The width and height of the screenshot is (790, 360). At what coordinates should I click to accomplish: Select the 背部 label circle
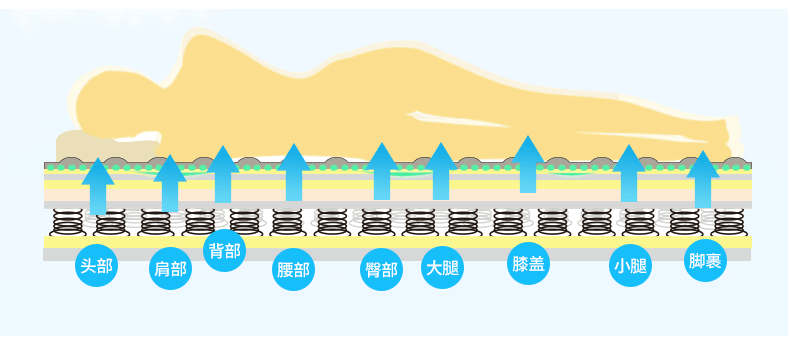pyautogui.click(x=223, y=250)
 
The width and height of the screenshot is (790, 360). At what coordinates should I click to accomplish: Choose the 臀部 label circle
pyautogui.click(x=382, y=270)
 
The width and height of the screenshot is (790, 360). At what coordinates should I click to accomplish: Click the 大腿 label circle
pyautogui.click(x=442, y=267)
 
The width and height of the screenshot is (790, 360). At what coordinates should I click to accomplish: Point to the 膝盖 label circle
pyautogui.click(x=528, y=263)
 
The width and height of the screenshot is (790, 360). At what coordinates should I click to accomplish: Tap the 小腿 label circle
pyautogui.click(x=630, y=266)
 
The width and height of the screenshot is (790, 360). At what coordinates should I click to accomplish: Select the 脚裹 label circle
pyautogui.click(x=705, y=262)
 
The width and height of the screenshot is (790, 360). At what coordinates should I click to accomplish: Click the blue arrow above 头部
pyautogui.click(x=98, y=186)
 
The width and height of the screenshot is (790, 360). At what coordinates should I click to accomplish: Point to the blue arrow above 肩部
pyautogui.click(x=170, y=184)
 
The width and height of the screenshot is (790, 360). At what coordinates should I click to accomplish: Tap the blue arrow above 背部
pyautogui.click(x=223, y=174)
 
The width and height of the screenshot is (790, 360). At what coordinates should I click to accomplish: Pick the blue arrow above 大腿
pyautogui.click(x=441, y=171)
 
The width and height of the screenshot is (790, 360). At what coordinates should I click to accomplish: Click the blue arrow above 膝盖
pyautogui.click(x=528, y=164)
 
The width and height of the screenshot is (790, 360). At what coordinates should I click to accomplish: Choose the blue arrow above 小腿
pyautogui.click(x=629, y=174)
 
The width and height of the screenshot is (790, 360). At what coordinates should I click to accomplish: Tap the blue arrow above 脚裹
pyautogui.click(x=704, y=180)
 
